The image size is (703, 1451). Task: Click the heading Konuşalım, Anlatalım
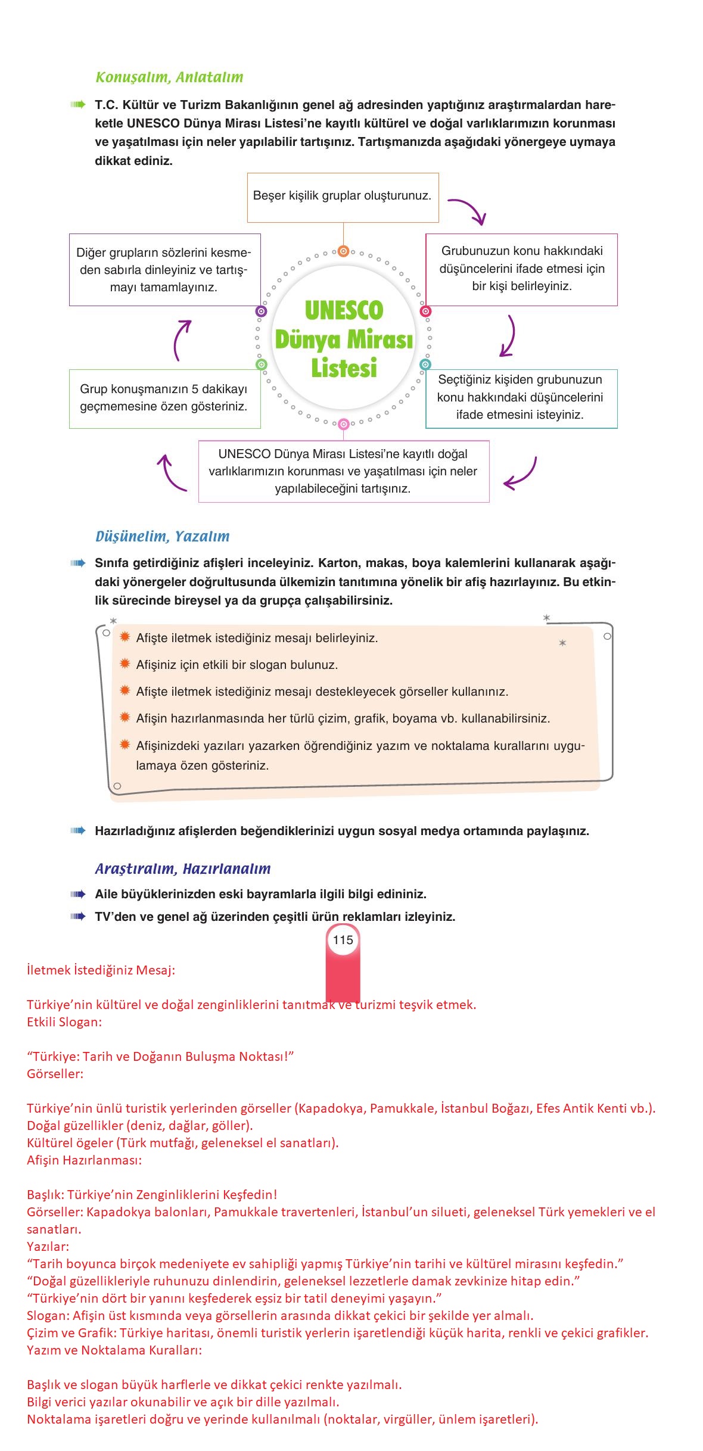[169, 77]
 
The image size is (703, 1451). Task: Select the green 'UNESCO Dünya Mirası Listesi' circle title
[344, 339]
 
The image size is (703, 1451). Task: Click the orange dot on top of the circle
[343, 251]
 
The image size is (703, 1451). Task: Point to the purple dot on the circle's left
[261, 311]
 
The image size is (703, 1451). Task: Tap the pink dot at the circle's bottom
[343, 425]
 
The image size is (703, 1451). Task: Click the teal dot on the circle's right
[425, 364]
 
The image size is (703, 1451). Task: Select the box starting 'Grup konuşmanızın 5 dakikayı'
[164, 398]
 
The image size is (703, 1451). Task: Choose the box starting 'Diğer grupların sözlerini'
[164, 270]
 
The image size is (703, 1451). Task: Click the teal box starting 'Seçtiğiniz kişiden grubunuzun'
[521, 398]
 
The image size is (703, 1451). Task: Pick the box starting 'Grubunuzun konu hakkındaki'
[521, 269]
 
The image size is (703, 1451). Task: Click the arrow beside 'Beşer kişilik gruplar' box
[468, 210]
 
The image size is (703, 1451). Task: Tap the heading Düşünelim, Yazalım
[162, 536]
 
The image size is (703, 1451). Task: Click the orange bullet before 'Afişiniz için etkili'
[125, 664]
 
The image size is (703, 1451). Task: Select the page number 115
[343, 941]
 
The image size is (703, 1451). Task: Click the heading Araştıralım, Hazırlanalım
[183, 868]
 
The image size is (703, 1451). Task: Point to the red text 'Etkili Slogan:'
[64, 1022]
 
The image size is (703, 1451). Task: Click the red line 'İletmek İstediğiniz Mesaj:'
[101, 970]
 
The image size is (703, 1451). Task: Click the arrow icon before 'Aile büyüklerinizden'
[77, 894]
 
